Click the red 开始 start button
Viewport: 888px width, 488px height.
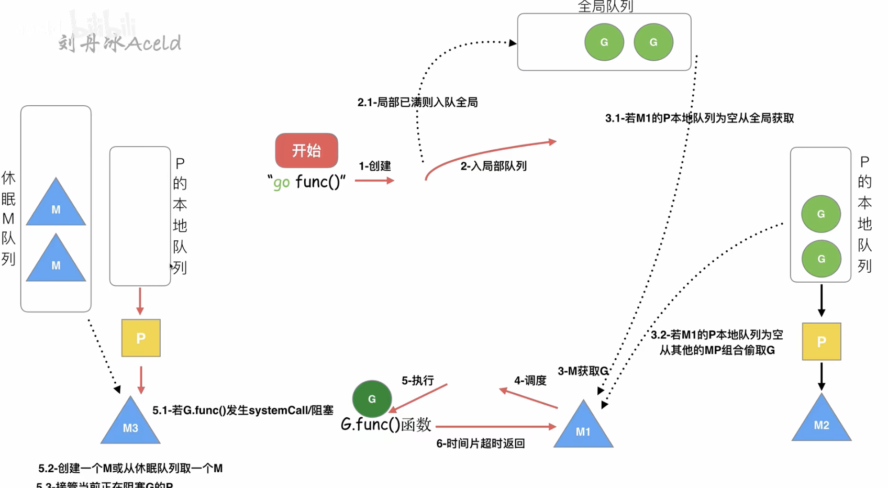[306, 150]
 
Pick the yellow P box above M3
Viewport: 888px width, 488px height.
[141, 338]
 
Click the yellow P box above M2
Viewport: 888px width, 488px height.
[821, 341]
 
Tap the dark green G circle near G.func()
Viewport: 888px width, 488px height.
[372, 398]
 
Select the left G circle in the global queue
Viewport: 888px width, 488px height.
[604, 42]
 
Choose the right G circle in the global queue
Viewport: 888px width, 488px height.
[653, 42]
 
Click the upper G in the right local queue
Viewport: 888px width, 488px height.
[820, 214]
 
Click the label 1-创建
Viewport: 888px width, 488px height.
[374, 166]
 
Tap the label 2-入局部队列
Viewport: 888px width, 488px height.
[493, 166]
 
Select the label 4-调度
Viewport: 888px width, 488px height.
[530, 380]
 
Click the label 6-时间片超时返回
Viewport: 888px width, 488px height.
[480, 443]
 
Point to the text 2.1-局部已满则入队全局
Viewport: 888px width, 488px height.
[417, 102]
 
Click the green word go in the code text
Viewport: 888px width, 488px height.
[281, 183]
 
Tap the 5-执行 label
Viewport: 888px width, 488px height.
[417, 380]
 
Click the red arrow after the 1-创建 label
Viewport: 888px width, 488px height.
[374, 181]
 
